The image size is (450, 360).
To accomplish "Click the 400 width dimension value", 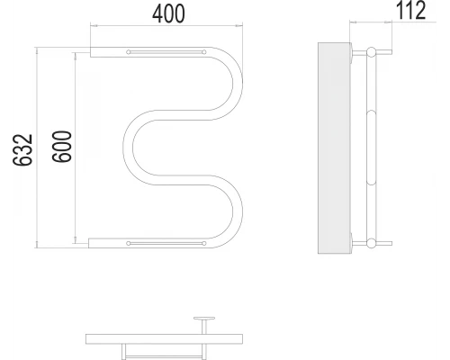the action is (x=168, y=14).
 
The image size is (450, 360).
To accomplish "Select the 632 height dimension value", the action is (x=22, y=149).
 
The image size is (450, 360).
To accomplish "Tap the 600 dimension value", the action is (x=62, y=147).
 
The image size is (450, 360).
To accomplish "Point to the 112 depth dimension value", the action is (x=411, y=11).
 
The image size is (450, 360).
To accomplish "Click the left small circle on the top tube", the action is (x=129, y=52).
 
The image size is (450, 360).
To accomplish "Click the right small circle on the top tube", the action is (x=204, y=52).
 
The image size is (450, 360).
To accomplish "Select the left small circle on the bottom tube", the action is (x=129, y=243).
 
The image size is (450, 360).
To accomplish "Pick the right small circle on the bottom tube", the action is (x=204, y=243).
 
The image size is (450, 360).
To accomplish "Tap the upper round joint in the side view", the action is (x=372, y=52).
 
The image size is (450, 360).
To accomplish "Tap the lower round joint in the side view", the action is (x=372, y=243).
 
